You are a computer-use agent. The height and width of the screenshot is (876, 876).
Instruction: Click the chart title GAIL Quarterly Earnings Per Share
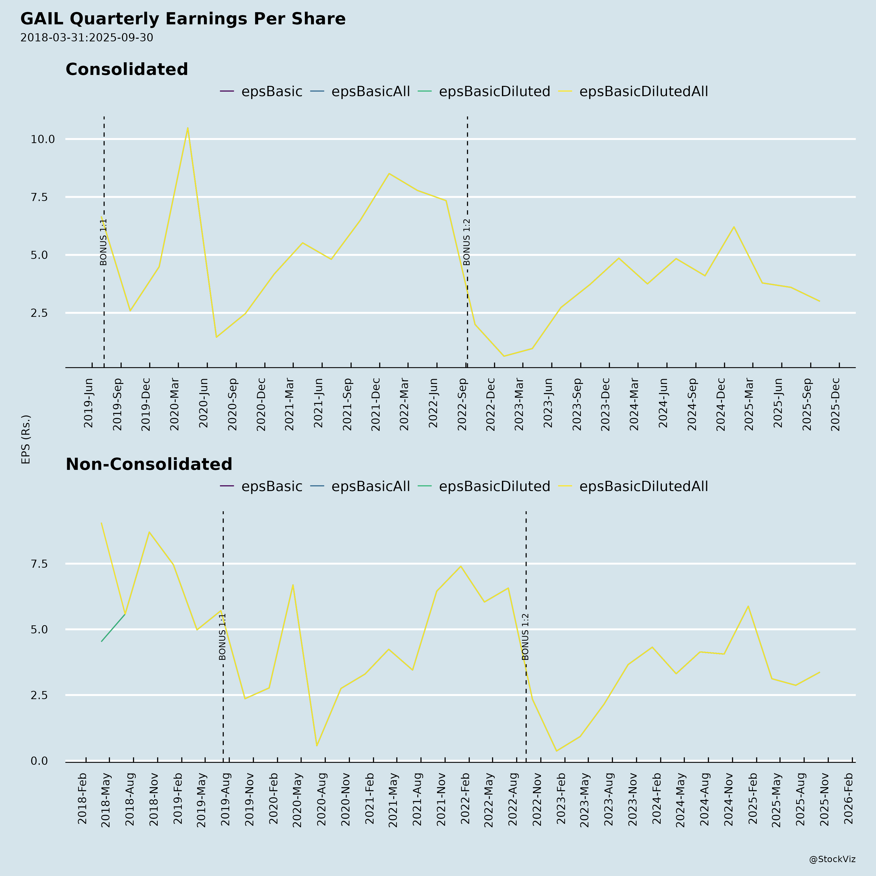pyautogui.click(x=183, y=19)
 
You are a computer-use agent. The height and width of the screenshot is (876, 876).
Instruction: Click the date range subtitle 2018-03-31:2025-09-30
pyautogui.click(x=87, y=38)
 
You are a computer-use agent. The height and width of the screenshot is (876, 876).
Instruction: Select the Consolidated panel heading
pyautogui.click(x=127, y=69)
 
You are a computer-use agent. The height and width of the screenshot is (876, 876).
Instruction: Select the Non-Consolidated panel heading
pyautogui.click(x=149, y=464)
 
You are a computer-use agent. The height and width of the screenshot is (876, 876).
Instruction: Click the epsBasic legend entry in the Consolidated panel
pyautogui.click(x=271, y=91)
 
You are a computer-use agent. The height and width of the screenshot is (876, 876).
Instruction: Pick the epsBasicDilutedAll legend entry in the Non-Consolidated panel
pyautogui.click(x=643, y=486)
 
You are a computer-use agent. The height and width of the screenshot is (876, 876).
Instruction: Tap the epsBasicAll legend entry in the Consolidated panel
pyautogui.click(x=370, y=91)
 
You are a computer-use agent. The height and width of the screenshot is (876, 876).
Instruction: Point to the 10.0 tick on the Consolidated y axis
pyautogui.click(x=43, y=139)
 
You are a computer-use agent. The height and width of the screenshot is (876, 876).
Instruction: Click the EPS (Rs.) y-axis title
pyautogui.click(x=26, y=439)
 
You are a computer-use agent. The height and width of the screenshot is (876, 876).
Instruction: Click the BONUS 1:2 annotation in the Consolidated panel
pyautogui.click(x=466, y=242)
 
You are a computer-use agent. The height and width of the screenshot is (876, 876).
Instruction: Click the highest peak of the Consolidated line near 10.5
pyautogui.click(x=187, y=128)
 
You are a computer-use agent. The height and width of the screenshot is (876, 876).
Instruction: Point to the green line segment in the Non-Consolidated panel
pyautogui.click(x=113, y=628)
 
